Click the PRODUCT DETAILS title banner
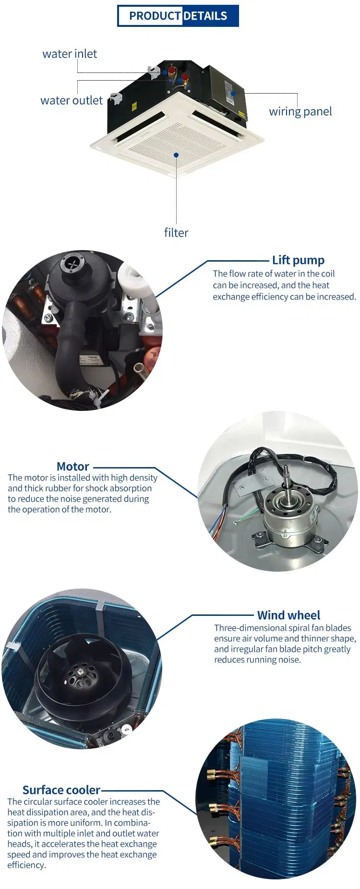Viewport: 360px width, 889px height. [178, 16]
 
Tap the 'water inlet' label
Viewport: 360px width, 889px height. [70, 54]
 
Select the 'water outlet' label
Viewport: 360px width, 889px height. [72, 100]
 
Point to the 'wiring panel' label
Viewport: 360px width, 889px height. [300, 111]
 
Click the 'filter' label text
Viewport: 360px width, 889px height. [176, 233]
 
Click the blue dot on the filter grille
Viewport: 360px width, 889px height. [177, 155]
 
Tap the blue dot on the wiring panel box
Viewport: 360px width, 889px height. [233, 93]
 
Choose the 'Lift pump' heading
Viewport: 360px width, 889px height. [298, 260]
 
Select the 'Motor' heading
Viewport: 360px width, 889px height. [73, 467]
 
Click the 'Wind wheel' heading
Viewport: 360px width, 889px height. [288, 615]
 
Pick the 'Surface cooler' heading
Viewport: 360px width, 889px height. [61, 790]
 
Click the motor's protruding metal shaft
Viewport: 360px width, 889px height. [287, 485]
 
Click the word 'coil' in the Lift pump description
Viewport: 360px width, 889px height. [328, 274]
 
